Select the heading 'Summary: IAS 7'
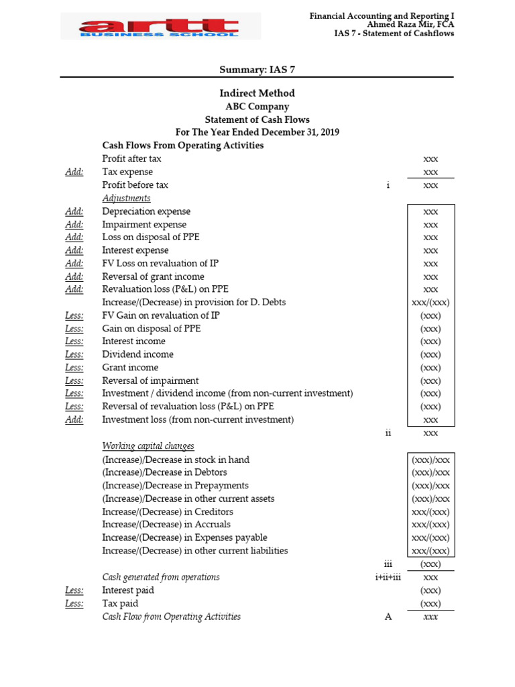pos(257,70)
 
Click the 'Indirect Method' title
pos(257,93)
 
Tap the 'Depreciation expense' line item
pos(146,211)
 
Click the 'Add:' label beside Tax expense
pos(74,172)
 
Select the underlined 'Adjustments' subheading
pos(126,198)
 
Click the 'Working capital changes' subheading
pos(148,446)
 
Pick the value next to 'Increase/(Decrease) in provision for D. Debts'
pos(431,303)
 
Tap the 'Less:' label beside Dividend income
pos(74,354)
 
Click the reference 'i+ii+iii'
pos(388,577)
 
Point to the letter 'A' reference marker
pos(388,617)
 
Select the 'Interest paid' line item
pos(128,590)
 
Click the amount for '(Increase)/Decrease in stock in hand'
pos(431,460)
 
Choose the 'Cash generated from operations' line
pos(161,577)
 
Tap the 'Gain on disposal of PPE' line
pos(151,329)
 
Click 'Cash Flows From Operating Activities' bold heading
pos(182,146)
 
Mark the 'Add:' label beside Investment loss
pos(74,420)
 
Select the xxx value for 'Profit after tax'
pos(431,159)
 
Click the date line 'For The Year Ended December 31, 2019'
pos(257,132)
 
